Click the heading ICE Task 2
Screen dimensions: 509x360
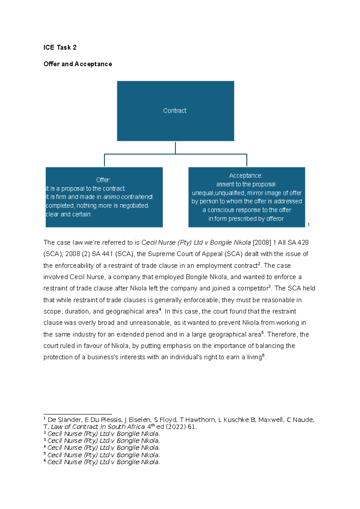tap(60, 47)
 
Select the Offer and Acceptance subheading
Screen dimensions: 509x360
tap(78, 64)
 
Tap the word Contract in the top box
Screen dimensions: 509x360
tap(175, 111)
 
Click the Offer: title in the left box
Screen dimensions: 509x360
tap(103, 180)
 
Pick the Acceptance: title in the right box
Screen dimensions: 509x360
tap(245, 176)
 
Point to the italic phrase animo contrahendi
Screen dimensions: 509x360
tap(128, 197)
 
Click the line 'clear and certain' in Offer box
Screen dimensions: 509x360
tap(68, 214)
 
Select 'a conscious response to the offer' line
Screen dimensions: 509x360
tap(247, 210)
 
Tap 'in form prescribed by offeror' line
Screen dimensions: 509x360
tap(246, 219)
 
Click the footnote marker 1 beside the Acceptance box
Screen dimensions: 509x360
tap(308, 224)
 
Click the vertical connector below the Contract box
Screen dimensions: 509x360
tap(175, 147)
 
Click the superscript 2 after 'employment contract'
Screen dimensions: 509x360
tap(259, 264)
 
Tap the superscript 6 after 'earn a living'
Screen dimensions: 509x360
tap(263, 355)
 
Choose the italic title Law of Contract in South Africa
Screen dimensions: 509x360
tap(98, 427)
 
